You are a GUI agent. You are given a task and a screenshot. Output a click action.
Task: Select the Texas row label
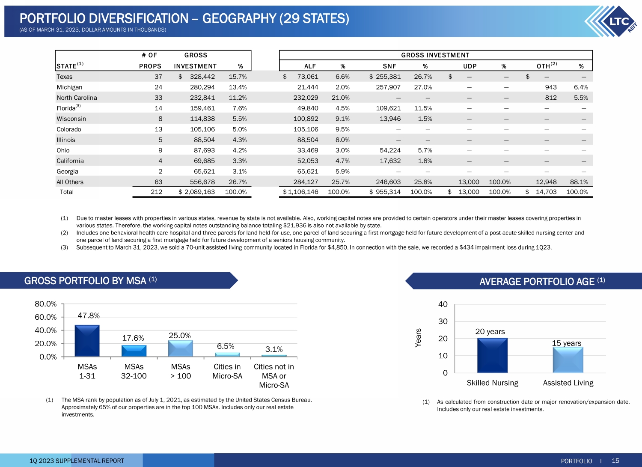click(65, 77)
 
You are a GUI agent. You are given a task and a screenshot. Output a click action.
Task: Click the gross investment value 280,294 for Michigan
click(202, 87)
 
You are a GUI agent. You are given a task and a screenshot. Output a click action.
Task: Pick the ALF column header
click(310, 66)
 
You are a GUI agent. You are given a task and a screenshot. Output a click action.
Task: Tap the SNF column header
click(389, 66)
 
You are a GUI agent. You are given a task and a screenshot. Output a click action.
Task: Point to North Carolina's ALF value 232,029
click(306, 98)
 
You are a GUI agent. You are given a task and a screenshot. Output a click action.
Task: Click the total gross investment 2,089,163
click(199, 192)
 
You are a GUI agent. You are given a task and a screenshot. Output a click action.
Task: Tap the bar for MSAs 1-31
click(87, 341)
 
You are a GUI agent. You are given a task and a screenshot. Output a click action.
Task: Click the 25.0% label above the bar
click(180, 336)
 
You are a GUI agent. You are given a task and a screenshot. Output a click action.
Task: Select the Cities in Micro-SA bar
click(227, 354)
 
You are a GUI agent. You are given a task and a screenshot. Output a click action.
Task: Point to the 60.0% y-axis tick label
click(45, 317)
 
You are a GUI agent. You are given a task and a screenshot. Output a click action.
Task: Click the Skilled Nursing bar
click(492, 355)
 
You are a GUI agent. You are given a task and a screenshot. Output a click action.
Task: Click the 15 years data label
click(567, 343)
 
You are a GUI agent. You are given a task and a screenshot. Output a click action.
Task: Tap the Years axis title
click(419, 338)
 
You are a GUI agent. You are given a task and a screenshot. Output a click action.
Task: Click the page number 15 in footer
click(615, 461)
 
